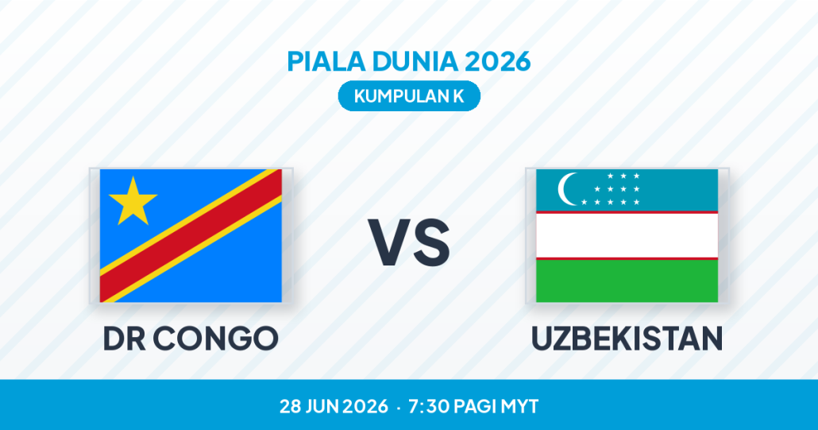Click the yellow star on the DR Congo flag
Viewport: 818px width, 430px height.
point(133,202)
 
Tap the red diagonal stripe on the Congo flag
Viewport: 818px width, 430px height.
point(191,236)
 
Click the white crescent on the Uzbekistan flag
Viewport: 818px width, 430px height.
point(567,189)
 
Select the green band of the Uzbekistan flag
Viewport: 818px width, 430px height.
point(627,281)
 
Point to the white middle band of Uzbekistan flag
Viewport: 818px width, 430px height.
point(627,235)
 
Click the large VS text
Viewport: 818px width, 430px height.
point(409,242)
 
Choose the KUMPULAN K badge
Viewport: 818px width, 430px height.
point(409,96)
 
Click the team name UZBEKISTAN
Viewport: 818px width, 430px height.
point(627,338)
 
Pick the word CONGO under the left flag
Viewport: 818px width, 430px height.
point(215,338)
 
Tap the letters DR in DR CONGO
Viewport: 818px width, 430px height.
point(124,338)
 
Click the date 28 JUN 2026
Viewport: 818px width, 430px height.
point(334,406)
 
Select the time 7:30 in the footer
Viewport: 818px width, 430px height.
point(429,406)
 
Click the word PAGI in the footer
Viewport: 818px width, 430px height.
point(475,406)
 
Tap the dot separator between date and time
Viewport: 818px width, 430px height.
point(399,408)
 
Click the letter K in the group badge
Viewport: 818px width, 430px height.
point(458,96)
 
